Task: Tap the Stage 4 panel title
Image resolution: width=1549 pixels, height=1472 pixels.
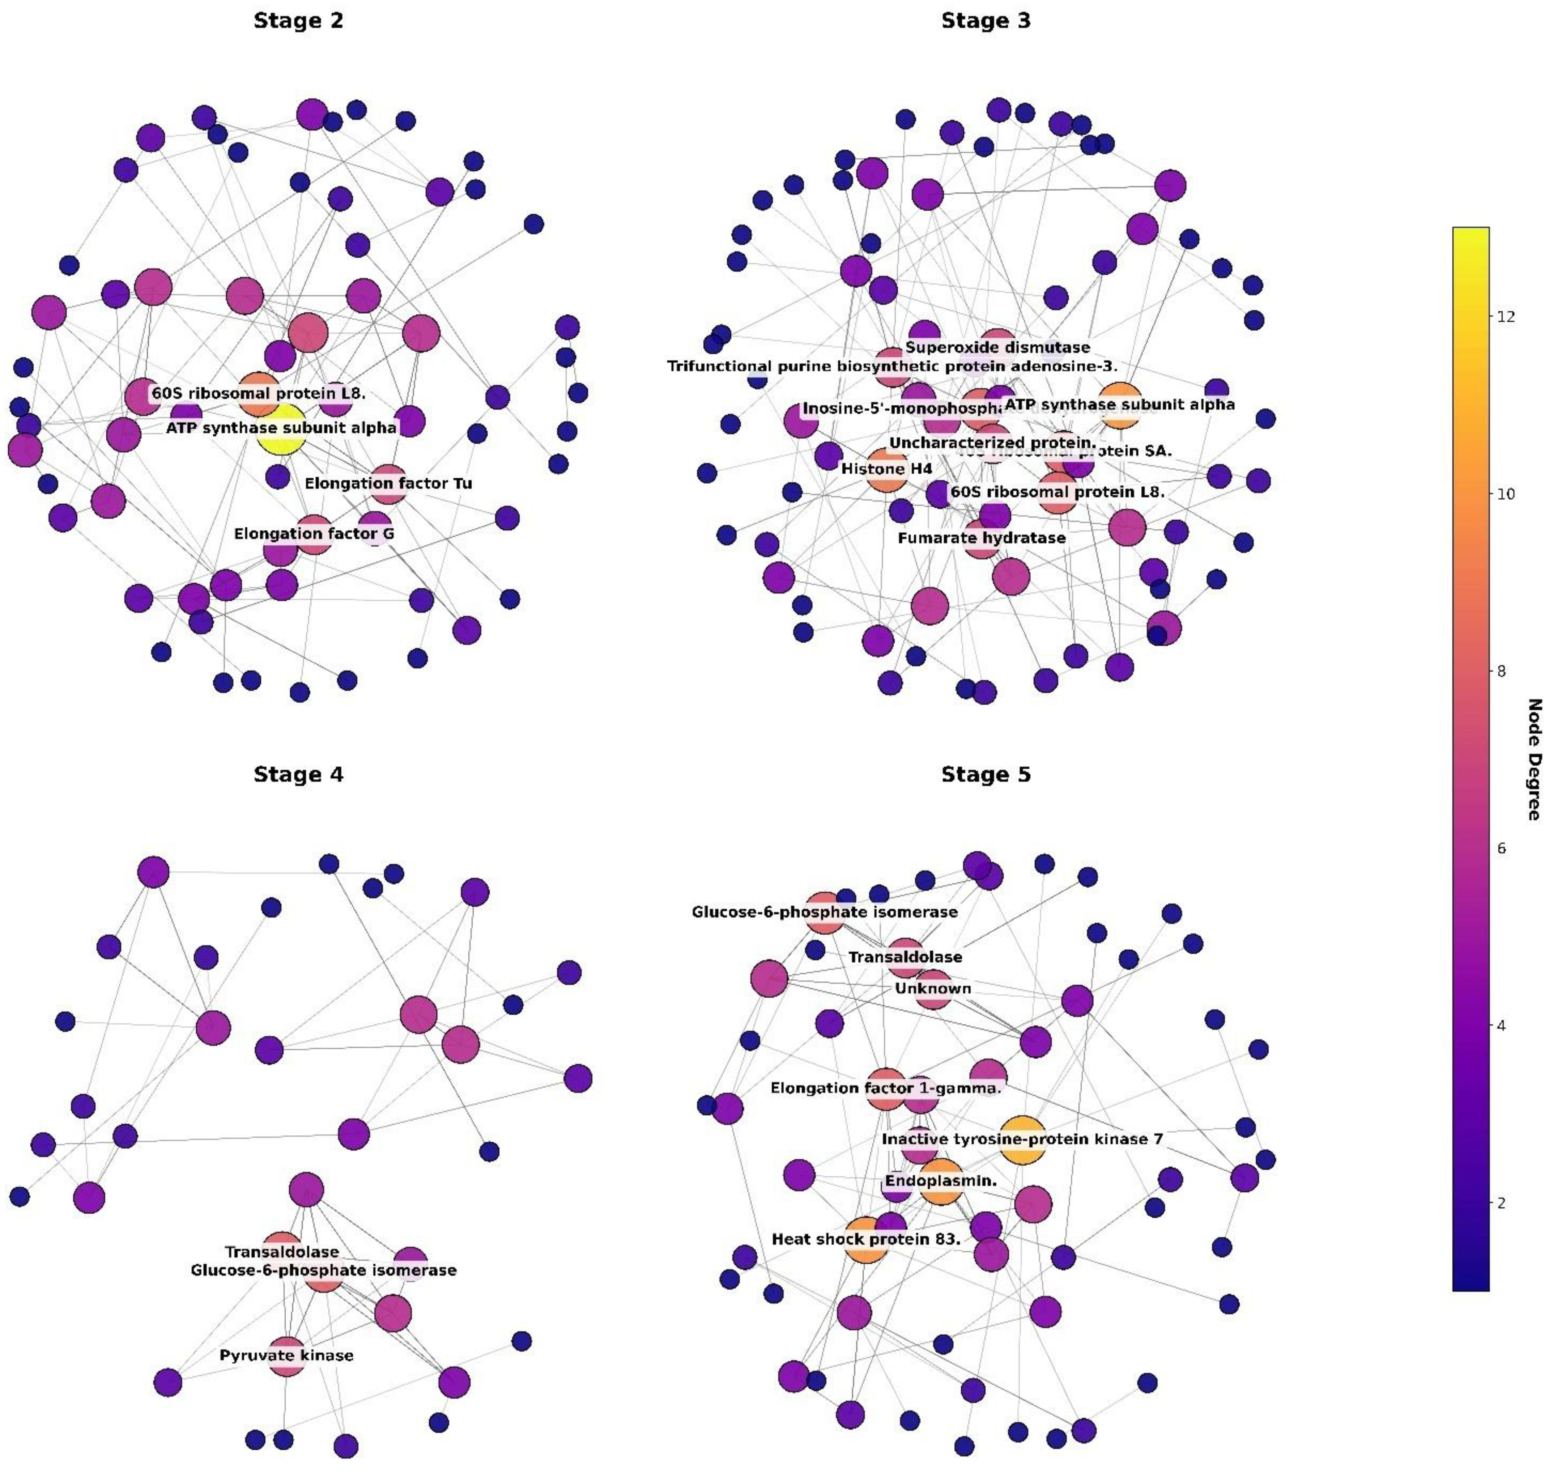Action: tap(298, 774)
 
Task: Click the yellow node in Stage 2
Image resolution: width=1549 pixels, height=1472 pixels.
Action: tap(281, 430)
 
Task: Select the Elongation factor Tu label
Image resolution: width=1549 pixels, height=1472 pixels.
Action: tap(388, 483)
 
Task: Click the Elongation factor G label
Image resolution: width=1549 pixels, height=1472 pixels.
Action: tap(314, 534)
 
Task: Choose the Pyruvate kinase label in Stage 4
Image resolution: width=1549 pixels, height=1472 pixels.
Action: tap(286, 1355)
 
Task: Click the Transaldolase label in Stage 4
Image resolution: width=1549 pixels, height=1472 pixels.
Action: tap(282, 1252)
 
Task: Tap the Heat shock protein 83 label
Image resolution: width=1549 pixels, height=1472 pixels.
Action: tap(866, 1239)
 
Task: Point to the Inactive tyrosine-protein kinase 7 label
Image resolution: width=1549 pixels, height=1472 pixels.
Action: tap(1022, 1138)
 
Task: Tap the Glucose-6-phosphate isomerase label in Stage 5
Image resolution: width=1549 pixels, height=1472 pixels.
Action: tap(824, 912)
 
